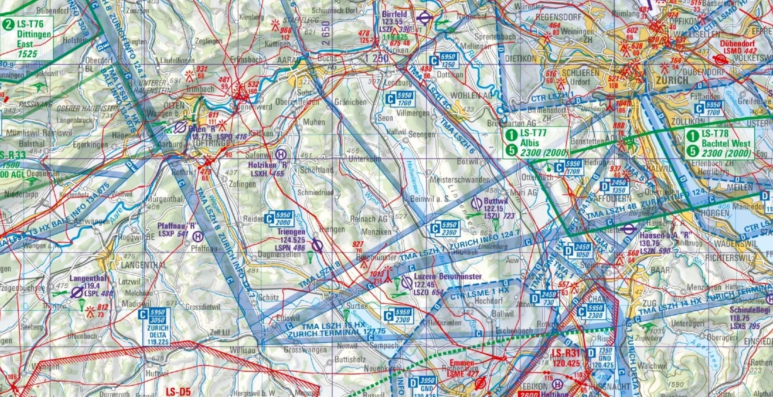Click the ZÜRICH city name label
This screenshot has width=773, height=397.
(x=672, y=80)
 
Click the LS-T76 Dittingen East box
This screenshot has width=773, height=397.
(x=27, y=39)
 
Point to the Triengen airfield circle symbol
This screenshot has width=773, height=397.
(x=317, y=245)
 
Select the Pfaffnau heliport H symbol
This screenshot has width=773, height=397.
(x=198, y=235)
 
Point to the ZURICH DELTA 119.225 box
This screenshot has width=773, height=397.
(x=158, y=327)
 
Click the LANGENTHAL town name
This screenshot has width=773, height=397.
(x=144, y=265)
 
